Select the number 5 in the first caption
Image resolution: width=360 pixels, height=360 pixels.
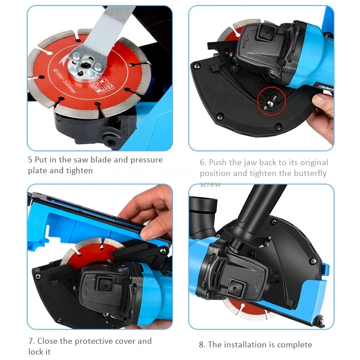[x=30, y=160]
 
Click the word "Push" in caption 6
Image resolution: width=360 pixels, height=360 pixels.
[x=218, y=162]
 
